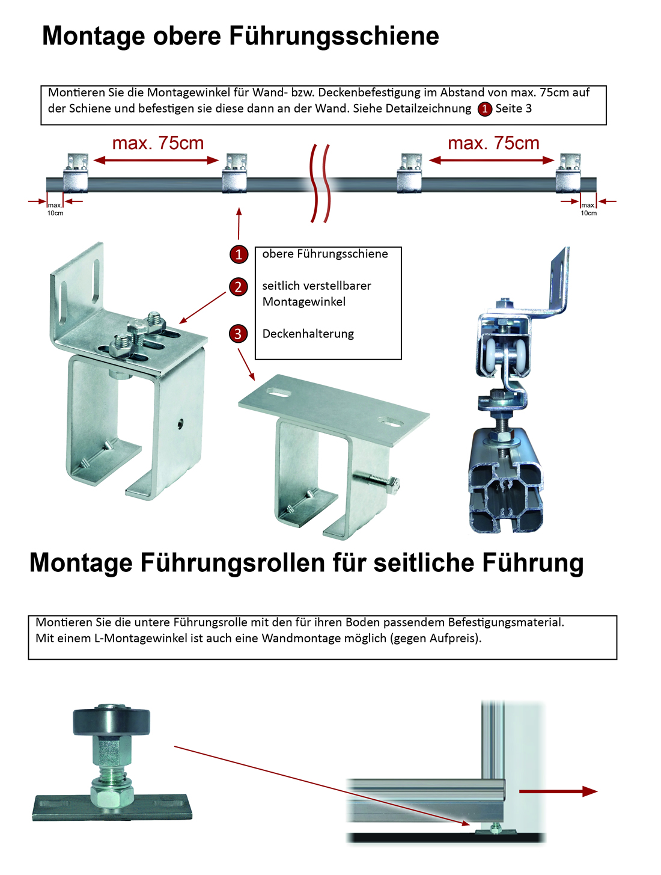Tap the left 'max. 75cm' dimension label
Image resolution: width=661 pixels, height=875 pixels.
[158, 143]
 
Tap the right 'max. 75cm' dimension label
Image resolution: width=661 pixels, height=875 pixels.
[493, 143]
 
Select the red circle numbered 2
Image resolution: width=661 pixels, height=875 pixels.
[239, 287]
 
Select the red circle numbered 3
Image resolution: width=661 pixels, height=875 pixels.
[239, 334]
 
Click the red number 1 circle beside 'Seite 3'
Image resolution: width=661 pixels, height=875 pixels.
[484, 109]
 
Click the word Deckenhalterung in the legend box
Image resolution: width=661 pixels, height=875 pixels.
[308, 334]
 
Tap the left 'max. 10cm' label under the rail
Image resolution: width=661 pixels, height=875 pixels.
[55, 209]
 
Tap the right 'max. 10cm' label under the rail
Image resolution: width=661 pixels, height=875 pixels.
[588, 209]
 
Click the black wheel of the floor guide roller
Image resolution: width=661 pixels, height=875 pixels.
[112, 721]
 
